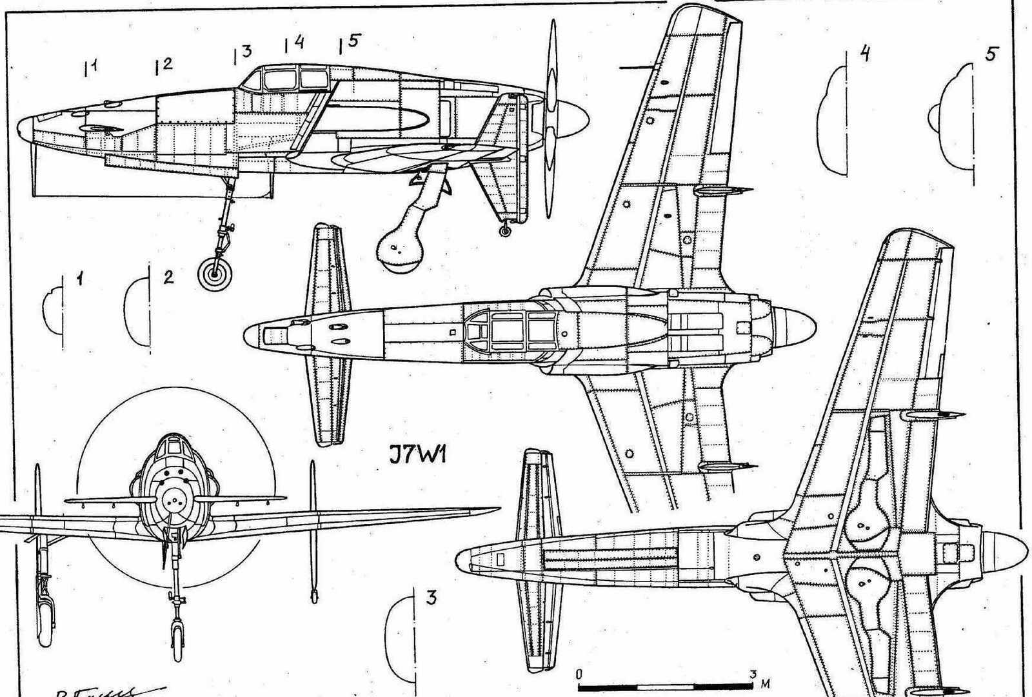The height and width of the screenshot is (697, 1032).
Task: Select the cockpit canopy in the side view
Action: (283, 79)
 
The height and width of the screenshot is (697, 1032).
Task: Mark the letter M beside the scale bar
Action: (766, 683)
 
